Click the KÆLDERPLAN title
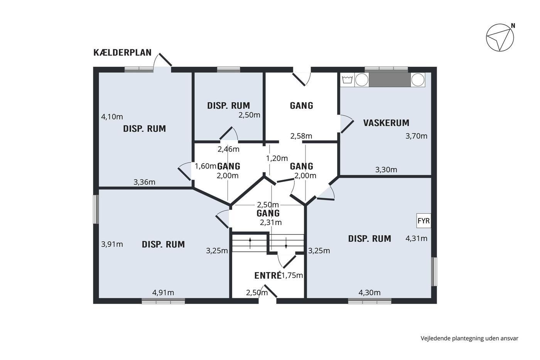pyautogui.click(x=123, y=52)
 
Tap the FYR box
pyautogui.click(x=424, y=221)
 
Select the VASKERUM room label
pyautogui.click(x=386, y=123)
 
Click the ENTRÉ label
pyautogui.click(x=268, y=275)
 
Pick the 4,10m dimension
pyautogui.click(x=112, y=117)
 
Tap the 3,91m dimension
pyautogui.click(x=112, y=244)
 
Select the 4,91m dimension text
pyautogui.click(x=163, y=293)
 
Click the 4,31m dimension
pyautogui.click(x=416, y=238)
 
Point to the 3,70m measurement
pyautogui.click(x=416, y=136)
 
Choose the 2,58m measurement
pyautogui.click(x=301, y=136)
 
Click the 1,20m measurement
pyautogui.click(x=277, y=159)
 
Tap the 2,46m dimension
pyautogui.click(x=228, y=149)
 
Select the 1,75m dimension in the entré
pyautogui.click(x=292, y=275)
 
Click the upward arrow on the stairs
pyautogui.click(x=250, y=243)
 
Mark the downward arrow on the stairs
pyautogui.click(x=286, y=243)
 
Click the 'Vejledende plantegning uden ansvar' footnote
pyautogui.click(x=469, y=338)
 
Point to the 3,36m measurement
pyautogui.click(x=144, y=182)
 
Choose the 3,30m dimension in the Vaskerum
pyautogui.click(x=386, y=170)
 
